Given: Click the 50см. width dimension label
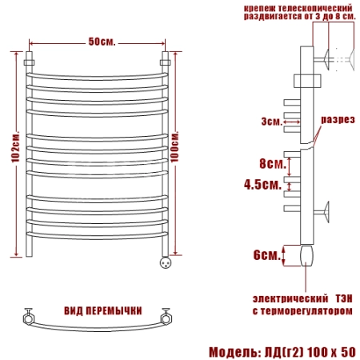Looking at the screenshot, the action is (x=102, y=42).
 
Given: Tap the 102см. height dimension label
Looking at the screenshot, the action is (x=15, y=146).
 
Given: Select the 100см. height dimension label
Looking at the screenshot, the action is (x=174, y=146).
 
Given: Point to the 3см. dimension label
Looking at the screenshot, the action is (x=271, y=122).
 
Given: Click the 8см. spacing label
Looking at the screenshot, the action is (x=273, y=163).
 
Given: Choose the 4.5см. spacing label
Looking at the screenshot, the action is (x=262, y=184).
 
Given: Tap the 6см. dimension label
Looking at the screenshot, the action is (x=267, y=255).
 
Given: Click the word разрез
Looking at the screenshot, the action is (x=338, y=120).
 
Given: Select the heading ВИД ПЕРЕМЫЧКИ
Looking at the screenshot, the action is (x=103, y=311).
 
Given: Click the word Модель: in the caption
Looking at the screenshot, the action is (x=235, y=352).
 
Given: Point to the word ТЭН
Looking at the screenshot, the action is (x=344, y=298).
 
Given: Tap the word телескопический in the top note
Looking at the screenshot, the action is (x=313, y=8).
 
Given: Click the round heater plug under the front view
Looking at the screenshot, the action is (x=166, y=262).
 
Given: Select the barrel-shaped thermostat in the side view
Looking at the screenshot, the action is (x=306, y=255).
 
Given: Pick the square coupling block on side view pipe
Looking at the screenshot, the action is (x=307, y=81).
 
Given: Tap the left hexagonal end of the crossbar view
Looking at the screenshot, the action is (x=29, y=318).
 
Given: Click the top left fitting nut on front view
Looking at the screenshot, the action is (x=29, y=62).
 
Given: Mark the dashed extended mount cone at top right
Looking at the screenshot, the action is (x=351, y=59).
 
